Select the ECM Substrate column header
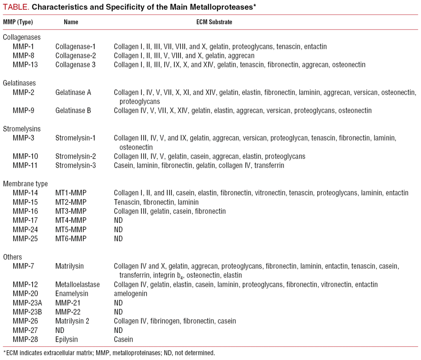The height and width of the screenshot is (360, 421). point(214,22)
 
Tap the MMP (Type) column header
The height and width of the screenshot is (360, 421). point(18,22)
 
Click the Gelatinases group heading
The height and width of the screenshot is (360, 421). point(19,83)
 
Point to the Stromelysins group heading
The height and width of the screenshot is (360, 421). point(22,129)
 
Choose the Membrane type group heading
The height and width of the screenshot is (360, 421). point(25,184)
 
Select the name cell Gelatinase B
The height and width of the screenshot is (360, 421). point(73,111)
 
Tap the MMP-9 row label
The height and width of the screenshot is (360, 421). point(24,111)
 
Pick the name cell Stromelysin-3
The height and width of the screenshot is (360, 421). point(76,166)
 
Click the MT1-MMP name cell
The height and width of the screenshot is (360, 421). point(71,193)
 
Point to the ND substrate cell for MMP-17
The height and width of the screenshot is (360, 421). point(118,220)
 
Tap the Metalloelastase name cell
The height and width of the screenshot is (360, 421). point(78,284)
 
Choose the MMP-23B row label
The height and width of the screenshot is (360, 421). point(28,312)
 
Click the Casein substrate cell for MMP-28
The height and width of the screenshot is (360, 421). point(123,339)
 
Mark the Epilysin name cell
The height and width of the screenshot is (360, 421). point(67,339)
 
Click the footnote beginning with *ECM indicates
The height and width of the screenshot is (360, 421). point(109,353)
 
